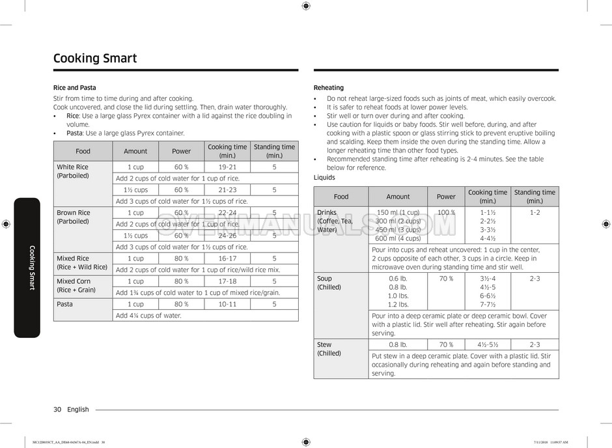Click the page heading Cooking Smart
(x=95, y=59)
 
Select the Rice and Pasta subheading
(x=74, y=87)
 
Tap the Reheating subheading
(x=329, y=87)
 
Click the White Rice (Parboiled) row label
(x=72, y=171)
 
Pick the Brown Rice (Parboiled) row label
(x=74, y=217)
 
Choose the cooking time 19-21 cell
(x=227, y=167)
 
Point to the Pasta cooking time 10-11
(x=227, y=304)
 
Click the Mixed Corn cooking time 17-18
(x=227, y=281)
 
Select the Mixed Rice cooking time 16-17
(x=227, y=259)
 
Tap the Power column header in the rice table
(x=181, y=151)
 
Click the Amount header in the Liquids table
(x=398, y=197)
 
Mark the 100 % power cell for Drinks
(x=446, y=213)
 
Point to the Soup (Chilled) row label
(x=329, y=283)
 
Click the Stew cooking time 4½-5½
(x=487, y=344)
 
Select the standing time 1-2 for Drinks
(x=535, y=213)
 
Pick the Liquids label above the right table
(x=324, y=177)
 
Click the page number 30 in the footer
(x=57, y=410)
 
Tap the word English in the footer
(x=78, y=410)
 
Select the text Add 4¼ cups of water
(x=148, y=315)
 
